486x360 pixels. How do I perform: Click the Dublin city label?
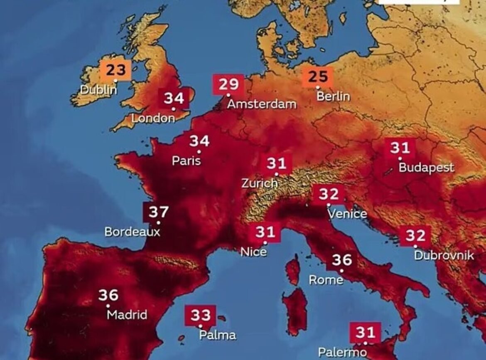click(x=98, y=89)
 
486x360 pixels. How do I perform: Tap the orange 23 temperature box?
click(x=115, y=70)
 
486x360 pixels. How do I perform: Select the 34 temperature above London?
click(x=174, y=99)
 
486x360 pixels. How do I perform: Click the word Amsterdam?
click(x=262, y=104)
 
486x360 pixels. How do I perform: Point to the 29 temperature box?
click(x=228, y=84)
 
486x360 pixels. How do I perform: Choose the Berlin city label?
click(x=333, y=96)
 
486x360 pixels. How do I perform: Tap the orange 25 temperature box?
click(x=318, y=76)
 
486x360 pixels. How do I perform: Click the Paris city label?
click(x=187, y=160)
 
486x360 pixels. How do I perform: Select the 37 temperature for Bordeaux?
click(x=158, y=212)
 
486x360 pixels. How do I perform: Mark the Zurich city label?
click(x=260, y=183)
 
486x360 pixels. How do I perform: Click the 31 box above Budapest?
click(x=400, y=148)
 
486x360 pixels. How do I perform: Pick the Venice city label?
click(x=347, y=214)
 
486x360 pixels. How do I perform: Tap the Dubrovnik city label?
click(x=444, y=255)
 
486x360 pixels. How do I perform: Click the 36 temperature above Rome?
click(x=342, y=260)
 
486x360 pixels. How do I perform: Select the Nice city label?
click(x=254, y=252)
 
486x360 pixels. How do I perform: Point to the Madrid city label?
click(x=127, y=315)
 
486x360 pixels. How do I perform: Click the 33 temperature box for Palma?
click(x=201, y=316)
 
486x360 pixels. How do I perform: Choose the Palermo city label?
click(x=342, y=353)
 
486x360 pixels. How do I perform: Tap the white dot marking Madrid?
click(x=108, y=306)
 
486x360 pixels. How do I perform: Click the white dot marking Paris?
click(x=199, y=152)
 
